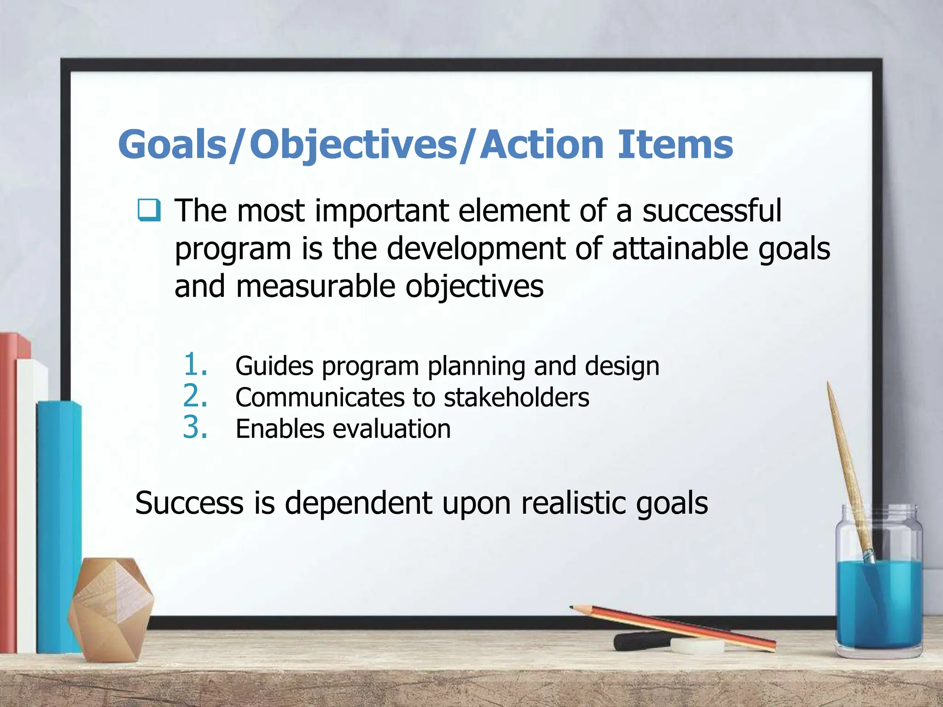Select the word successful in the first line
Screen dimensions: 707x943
[712, 211]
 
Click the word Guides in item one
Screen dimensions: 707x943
[274, 366]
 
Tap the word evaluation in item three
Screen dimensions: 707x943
[391, 429]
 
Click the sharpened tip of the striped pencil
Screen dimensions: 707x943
[572, 608]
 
